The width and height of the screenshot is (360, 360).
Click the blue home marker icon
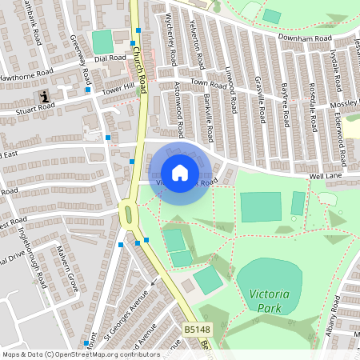(180, 173)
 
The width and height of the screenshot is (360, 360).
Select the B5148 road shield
(198, 330)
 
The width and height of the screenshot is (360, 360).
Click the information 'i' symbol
(45, 96)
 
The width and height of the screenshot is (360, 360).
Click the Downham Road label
(305, 38)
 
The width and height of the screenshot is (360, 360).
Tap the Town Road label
(209, 83)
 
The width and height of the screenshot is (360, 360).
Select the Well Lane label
(327, 176)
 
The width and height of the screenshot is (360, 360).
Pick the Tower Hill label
(117, 87)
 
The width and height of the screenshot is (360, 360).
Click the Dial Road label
(110, 58)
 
